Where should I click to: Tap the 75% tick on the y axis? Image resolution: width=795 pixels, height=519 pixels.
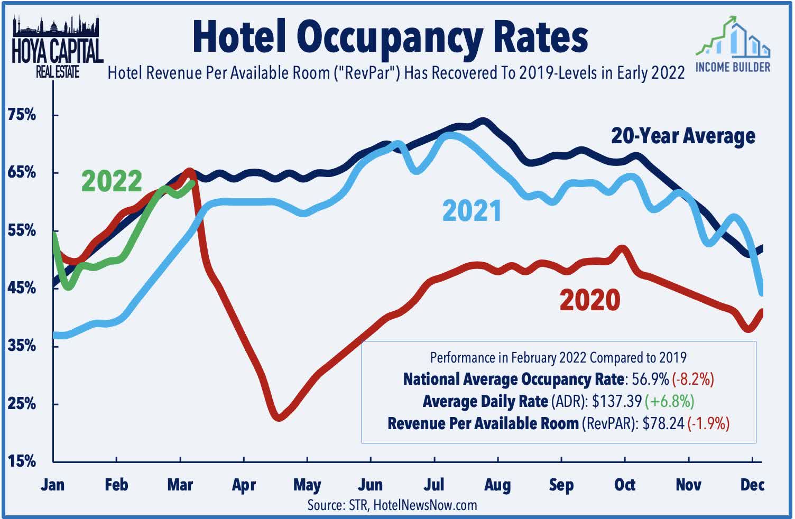(x=22, y=115)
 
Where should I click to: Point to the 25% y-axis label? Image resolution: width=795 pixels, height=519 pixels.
(x=22, y=404)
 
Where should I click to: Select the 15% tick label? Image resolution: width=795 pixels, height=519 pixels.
(x=22, y=461)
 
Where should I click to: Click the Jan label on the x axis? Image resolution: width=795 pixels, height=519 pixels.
(x=52, y=485)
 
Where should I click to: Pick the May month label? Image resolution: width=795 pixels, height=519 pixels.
(x=307, y=485)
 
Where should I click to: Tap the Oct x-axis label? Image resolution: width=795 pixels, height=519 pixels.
(x=625, y=485)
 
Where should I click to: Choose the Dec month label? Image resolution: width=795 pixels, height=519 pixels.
(x=752, y=485)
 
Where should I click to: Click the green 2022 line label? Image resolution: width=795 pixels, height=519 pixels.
(x=112, y=181)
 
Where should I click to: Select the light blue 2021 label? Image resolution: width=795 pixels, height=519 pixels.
(x=472, y=211)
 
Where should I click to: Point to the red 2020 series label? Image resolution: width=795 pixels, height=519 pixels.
(x=589, y=300)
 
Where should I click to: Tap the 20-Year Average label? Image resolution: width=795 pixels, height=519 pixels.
(x=683, y=136)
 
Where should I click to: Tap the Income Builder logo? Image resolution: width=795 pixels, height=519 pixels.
(x=733, y=45)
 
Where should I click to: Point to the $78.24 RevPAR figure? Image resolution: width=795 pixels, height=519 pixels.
(x=663, y=423)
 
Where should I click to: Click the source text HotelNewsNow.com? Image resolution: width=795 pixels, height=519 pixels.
(x=425, y=505)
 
